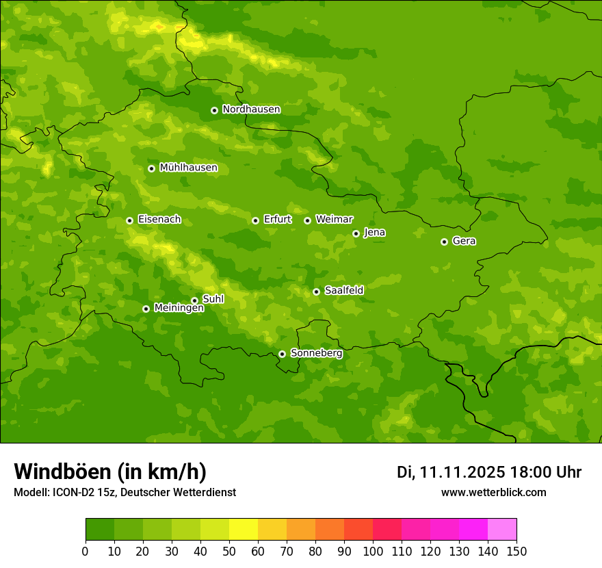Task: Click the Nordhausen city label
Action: pyautogui.click(x=251, y=109)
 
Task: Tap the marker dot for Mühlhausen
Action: pyautogui.click(x=151, y=168)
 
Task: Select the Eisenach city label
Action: pyautogui.click(x=159, y=220)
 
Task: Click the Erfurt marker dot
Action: pyautogui.click(x=255, y=220)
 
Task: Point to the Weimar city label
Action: pyautogui.click(x=334, y=220)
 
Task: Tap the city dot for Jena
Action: pyautogui.click(x=356, y=233)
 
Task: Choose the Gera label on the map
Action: pyautogui.click(x=464, y=241)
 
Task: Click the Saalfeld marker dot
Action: pyautogui.click(x=316, y=292)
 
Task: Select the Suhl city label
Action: pyautogui.click(x=213, y=299)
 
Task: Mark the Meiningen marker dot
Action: pyautogui.click(x=146, y=309)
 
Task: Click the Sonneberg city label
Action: pyautogui.click(x=316, y=353)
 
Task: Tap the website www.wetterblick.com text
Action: pyautogui.click(x=493, y=492)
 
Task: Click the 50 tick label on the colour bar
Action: pyautogui.click(x=229, y=552)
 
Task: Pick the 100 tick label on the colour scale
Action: pyautogui.click(x=373, y=552)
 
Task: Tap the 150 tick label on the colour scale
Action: pyautogui.click(x=516, y=552)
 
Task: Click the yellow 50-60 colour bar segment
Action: pyautogui.click(x=244, y=530)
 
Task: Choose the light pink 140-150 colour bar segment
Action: pyautogui.click(x=502, y=530)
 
